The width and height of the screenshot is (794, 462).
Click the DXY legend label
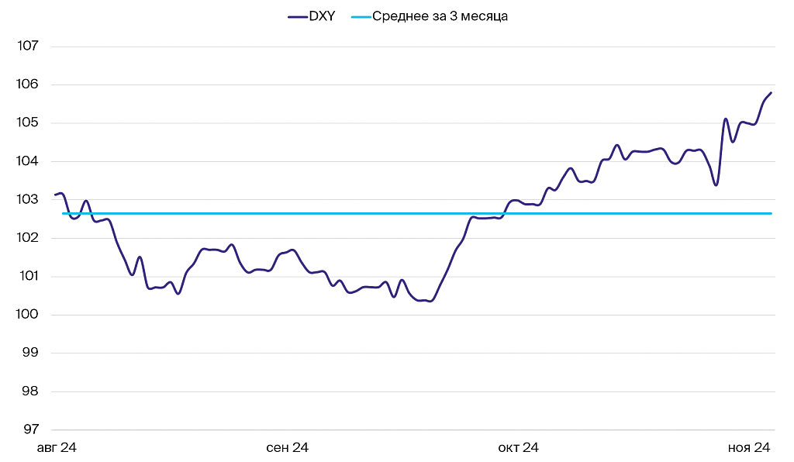tap(322, 16)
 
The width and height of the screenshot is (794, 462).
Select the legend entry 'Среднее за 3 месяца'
tap(440, 16)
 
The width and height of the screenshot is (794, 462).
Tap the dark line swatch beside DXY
tap(297, 16)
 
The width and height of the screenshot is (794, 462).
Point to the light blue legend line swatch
tap(361, 16)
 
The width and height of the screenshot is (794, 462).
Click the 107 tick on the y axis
tap(28, 47)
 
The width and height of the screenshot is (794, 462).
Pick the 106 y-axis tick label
tap(28, 84)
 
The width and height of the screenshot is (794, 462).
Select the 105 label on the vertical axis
tap(28, 123)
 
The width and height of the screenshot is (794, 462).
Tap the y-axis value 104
tap(28, 161)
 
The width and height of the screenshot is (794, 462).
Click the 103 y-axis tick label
tap(28, 200)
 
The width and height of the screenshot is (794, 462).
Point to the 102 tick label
tap(28, 238)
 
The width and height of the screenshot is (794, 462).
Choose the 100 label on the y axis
tap(28, 315)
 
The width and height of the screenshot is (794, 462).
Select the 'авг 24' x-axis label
tap(57, 448)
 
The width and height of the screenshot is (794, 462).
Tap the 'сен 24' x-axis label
tap(288, 448)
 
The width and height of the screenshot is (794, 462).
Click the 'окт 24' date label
tap(518, 448)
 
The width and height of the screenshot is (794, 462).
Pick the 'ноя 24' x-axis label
tap(748, 448)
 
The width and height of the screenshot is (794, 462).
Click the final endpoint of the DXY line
tap(771, 93)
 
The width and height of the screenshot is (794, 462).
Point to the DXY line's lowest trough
tap(430, 301)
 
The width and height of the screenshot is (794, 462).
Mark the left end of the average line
tap(64, 213)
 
